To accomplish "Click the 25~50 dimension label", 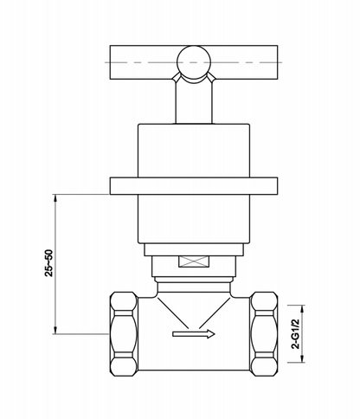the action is (49, 263).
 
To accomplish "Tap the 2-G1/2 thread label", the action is (296, 334).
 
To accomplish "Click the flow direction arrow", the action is (194, 334).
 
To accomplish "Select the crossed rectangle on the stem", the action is (193, 261).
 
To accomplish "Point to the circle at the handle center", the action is (194, 62).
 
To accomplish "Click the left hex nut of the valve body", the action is (124, 334).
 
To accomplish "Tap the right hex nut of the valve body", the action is (264, 334).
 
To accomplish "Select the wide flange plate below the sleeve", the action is (194, 186).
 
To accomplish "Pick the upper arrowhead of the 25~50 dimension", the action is (55, 197).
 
